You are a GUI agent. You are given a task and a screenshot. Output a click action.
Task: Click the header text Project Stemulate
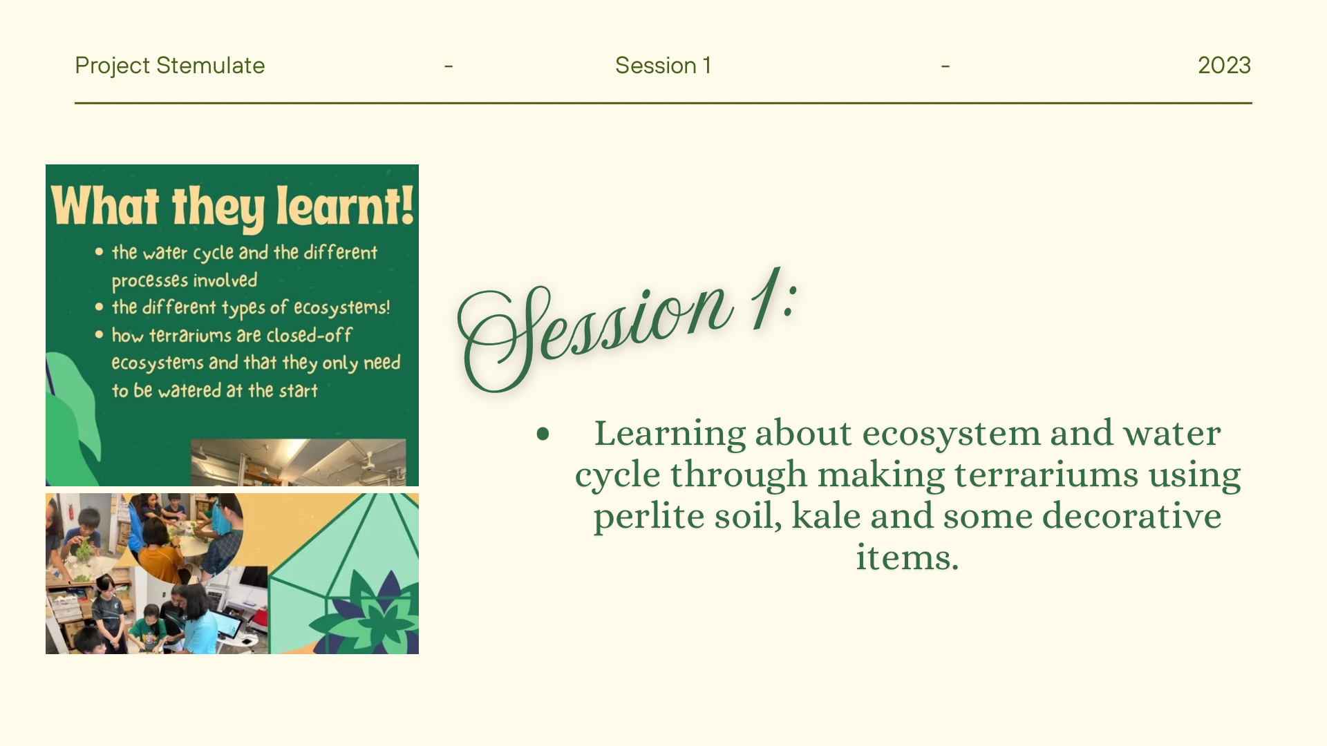point(169,66)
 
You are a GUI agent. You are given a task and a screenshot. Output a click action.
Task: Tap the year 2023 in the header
point(1224,66)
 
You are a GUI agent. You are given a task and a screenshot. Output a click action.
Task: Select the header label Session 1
point(663,66)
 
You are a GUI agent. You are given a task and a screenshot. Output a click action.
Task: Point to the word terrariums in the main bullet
point(1046,475)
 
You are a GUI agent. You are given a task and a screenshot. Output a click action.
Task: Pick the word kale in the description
point(826,516)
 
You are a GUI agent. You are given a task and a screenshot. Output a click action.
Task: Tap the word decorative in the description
point(1131,516)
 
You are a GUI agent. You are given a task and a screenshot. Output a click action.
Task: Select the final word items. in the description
point(907,557)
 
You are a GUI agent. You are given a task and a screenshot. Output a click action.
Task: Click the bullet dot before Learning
point(543,434)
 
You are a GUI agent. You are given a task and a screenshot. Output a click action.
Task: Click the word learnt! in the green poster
point(346,206)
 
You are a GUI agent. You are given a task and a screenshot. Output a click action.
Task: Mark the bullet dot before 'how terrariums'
point(99,335)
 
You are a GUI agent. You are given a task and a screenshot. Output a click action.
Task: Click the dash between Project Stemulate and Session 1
point(449,66)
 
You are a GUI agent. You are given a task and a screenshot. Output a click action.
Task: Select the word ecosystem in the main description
point(951,434)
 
